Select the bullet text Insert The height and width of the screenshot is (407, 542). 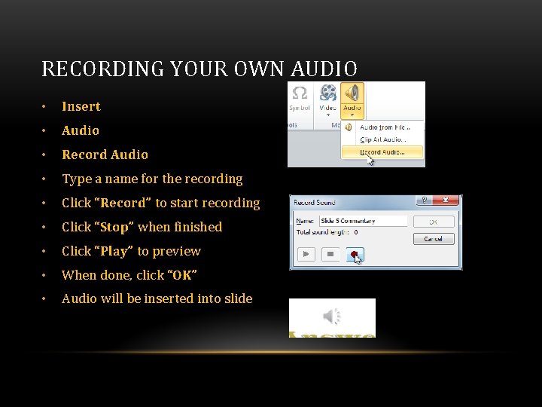pyautogui.click(x=81, y=106)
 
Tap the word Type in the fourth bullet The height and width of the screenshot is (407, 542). pyautogui.click(x=76, y=179)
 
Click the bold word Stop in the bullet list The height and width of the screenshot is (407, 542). pyautogui.click(x=114, y=227)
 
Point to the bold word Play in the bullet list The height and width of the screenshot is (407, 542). pyautogui.click(x=114, y=251)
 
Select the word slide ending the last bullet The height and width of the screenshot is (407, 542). pyautogui.click(x=237, y=298)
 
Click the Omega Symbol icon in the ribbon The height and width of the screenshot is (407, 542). pyautogui.click(x=300, y=93)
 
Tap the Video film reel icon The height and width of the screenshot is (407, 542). pyautogui.click(x=327, y=93)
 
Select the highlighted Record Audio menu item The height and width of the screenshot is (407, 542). pyautogui.click(x=382, y=151)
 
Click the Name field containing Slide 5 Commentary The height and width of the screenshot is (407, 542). pyautogui.click(x=362, y=221)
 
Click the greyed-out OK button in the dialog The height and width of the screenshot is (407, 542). pyautogui.click(x=433, y=222)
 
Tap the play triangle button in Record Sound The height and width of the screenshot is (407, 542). pyautogui.click(x=306, y=255)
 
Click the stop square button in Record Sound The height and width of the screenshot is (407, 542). pyautogui.click(x=330, y=255)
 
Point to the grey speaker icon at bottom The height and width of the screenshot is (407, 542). pyautogui.click(x=332, y=316)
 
